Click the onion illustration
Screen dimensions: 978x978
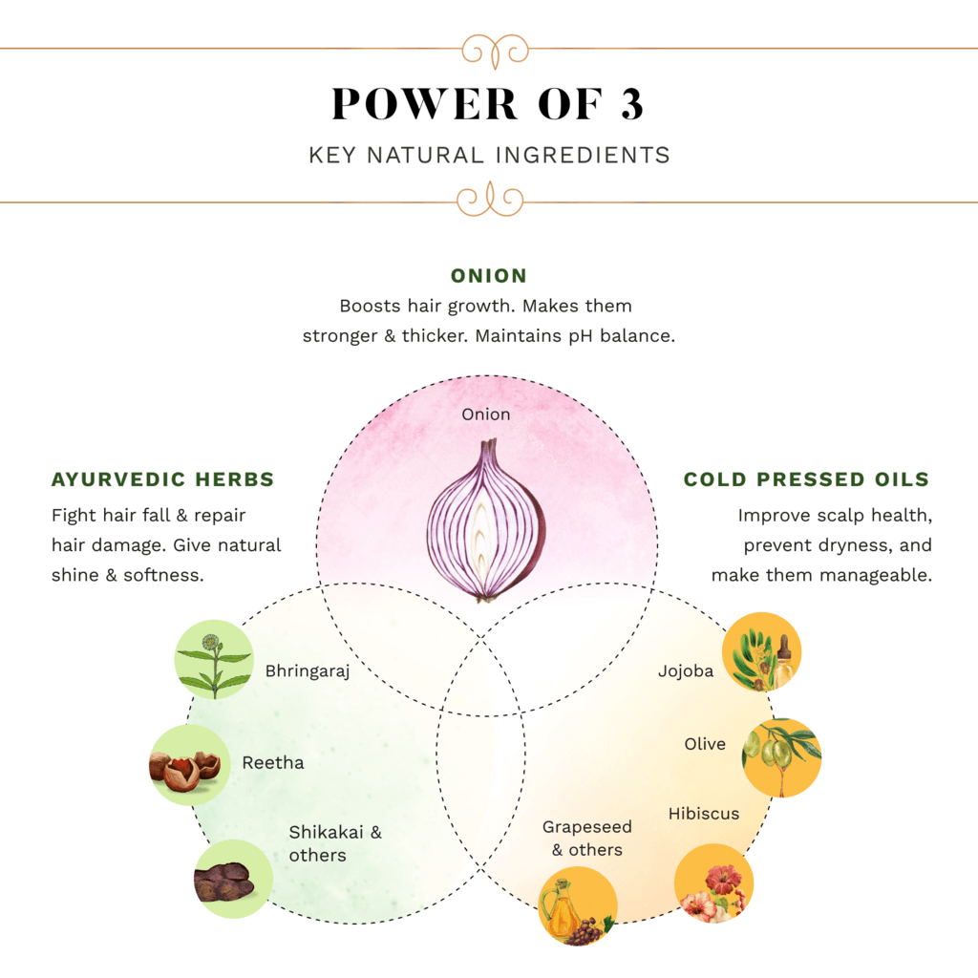[x=487, y=521]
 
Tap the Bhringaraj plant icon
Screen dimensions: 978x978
[x=214, y=660]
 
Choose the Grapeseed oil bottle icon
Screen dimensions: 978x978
[x=577, y=905]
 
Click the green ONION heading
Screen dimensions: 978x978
[x=489, y=276]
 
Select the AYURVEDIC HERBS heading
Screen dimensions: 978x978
[x=163, y=479]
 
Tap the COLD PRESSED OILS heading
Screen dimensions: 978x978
[x=806, y=479]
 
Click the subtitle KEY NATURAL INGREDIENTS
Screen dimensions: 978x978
[x=489, y=155]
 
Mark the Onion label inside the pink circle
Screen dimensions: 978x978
[x=486, y=415]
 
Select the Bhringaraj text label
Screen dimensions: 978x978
[x=308, y=671]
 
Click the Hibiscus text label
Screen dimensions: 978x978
[x=704, y=814]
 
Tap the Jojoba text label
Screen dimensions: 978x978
[x=686, y=670]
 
